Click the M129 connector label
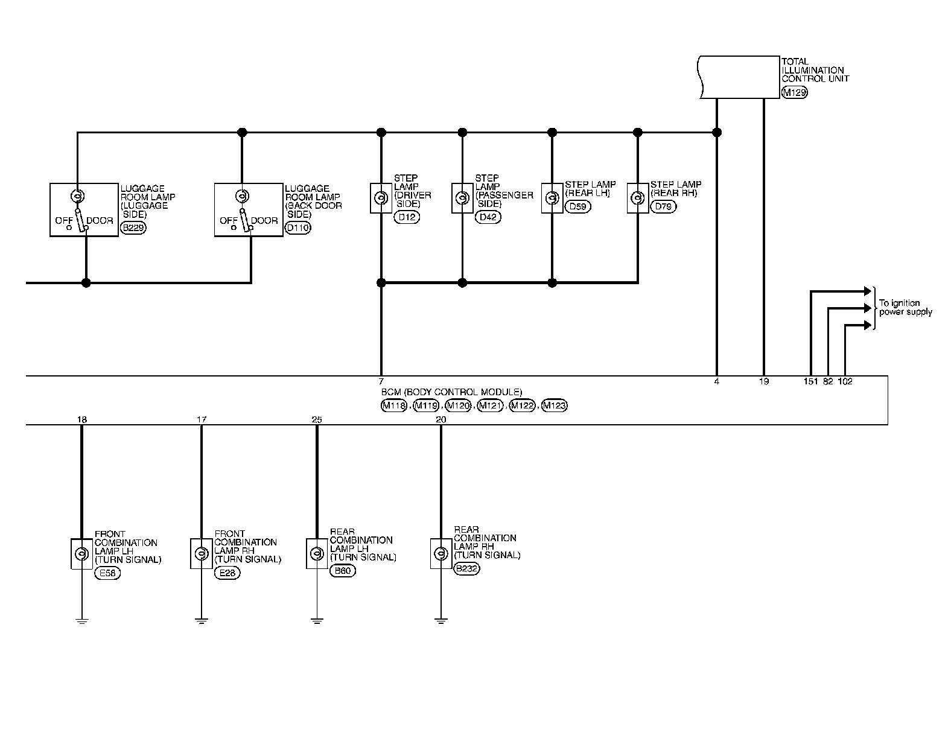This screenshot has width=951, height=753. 794,93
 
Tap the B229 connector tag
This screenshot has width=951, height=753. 133,228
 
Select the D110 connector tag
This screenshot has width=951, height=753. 297,228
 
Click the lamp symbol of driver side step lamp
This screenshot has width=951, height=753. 381,198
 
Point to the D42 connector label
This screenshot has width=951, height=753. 488,217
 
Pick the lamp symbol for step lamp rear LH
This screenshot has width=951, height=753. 552,198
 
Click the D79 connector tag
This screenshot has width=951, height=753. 664,206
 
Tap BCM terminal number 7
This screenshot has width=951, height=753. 381,382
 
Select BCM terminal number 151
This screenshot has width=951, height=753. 810,382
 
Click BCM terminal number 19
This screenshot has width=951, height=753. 764,382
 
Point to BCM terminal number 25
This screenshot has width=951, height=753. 317,419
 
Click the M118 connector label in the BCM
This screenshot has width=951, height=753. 394,406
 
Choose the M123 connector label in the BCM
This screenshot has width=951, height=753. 555,406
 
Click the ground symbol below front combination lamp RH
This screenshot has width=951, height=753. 201,620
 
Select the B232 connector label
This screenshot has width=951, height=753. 466,568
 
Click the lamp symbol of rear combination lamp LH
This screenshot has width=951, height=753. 317,553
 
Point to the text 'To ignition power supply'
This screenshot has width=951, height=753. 905,308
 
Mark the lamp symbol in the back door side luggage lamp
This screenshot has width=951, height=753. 241,196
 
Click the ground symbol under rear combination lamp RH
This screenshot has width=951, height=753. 441,620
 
